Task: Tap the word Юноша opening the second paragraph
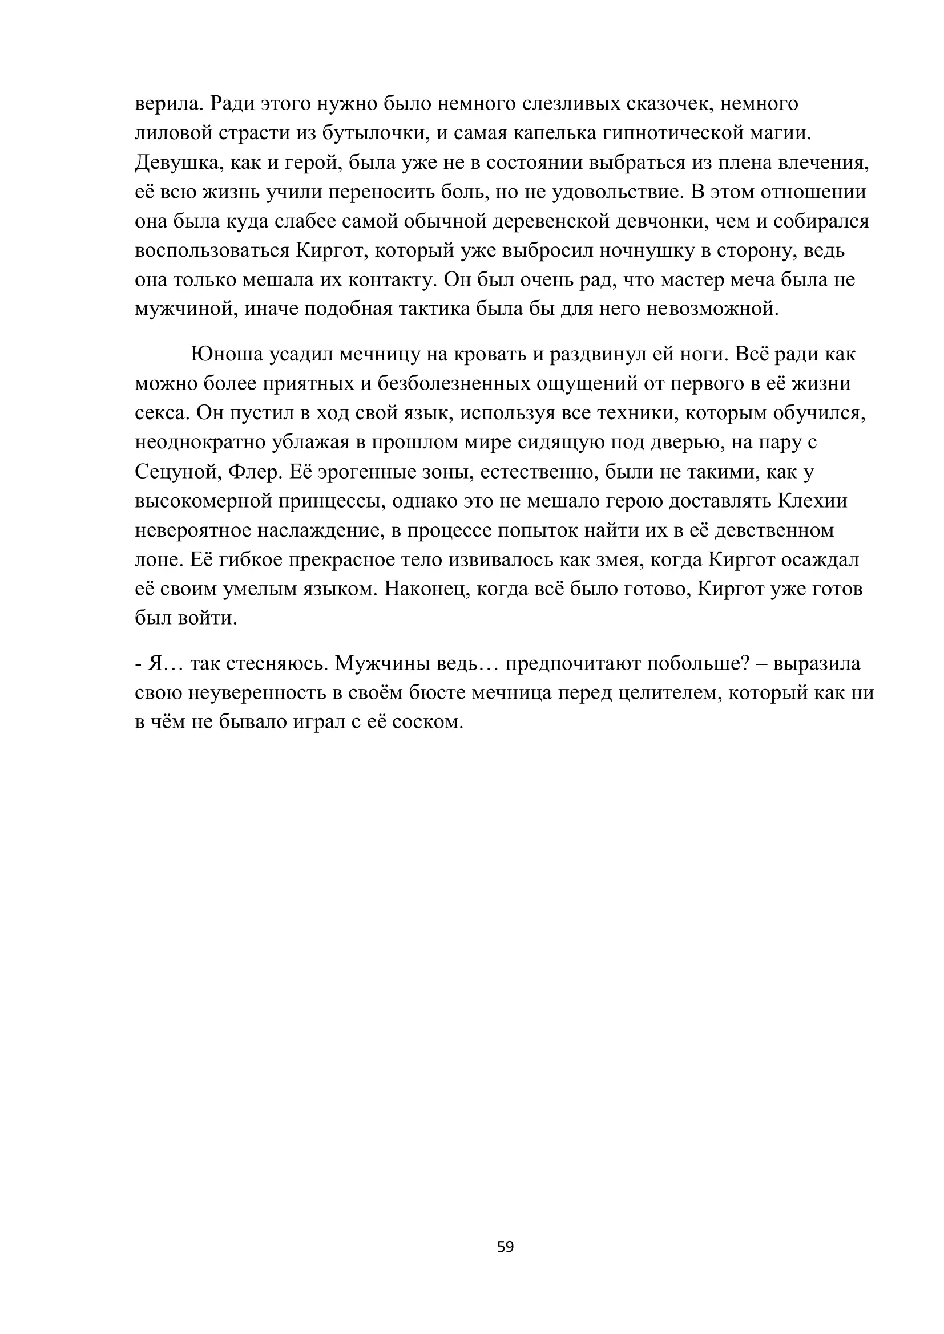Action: tap(227, 354)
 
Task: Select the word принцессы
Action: tap(328, 501)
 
